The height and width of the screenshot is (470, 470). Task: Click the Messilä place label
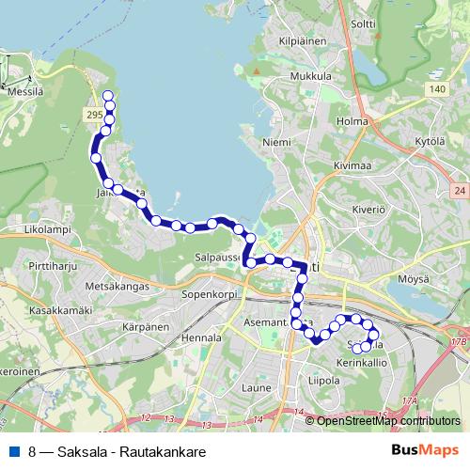[x=24, y=82]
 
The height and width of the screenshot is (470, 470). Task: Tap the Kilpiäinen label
[x=301, y=41]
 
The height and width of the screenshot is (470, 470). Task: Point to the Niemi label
[x=275, y=142]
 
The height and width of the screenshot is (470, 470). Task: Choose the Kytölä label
[x=430, y=139]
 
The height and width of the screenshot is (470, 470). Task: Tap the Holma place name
[x=352, y=121]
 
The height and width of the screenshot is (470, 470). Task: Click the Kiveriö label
[x=369, y=209]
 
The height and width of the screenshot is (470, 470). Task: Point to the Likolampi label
[x=23, y=228]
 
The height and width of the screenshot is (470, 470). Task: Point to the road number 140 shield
[x=434, y=89]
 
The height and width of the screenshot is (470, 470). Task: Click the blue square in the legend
[x=13, y=450]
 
